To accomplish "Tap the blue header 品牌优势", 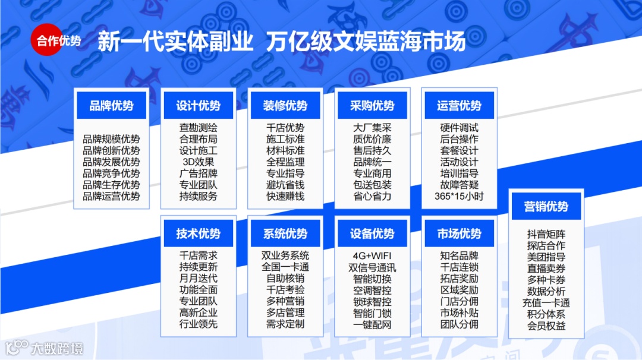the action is (x=111, y=106).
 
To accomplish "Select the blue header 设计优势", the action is (x=198, y=106).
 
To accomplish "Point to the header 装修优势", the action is (x=285, y=106).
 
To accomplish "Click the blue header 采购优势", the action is (x=372, y=106).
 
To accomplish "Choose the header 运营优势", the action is (x=459, y=106).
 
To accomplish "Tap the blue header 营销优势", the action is (x=546, y=207).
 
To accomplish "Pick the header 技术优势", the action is (x=198, y=233).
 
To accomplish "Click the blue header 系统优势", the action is (x=285, y=233).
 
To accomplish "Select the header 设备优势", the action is (x=372, y=233).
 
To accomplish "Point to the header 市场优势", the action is (x=459, y=233).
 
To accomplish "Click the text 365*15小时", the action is (x=459, y=196).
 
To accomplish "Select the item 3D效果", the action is (x=198, y=162).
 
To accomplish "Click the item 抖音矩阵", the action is (x=546, y=234).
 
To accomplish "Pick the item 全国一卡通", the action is (x=285, y=267).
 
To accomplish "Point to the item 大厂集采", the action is (x=372, y=128).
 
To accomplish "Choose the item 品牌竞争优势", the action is (x=111, y=173).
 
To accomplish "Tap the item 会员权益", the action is (x=546, y=326).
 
